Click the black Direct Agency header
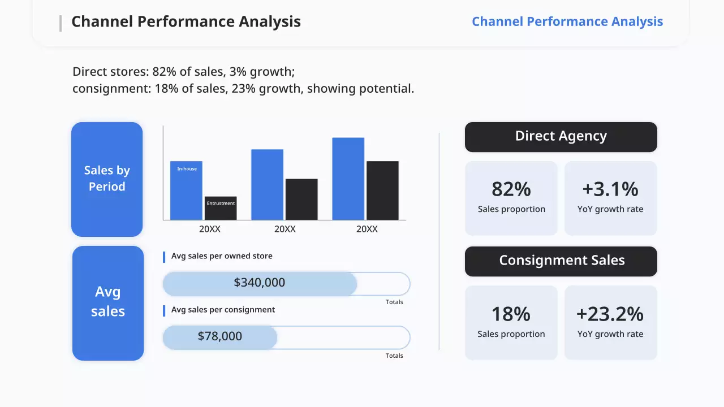[561, 137]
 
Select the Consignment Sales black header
[561, 261]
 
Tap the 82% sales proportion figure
[511, 189]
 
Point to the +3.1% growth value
[610, 189]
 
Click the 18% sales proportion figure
[511, 314]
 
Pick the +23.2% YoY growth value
[610, 314]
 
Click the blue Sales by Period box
[107, 179]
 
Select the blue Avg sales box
[107, 302]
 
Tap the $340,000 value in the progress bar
[260, 283]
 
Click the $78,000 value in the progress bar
[220, 336]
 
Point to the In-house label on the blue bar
[187, 169]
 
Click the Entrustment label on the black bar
[221, 203]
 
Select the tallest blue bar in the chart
[348, 179]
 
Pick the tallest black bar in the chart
[382, 190]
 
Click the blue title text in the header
[567, 21]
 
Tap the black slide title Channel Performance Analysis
[186, 21]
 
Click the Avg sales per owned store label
[222, 256]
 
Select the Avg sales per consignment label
[223, 310]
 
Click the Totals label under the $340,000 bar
[394, 302]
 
